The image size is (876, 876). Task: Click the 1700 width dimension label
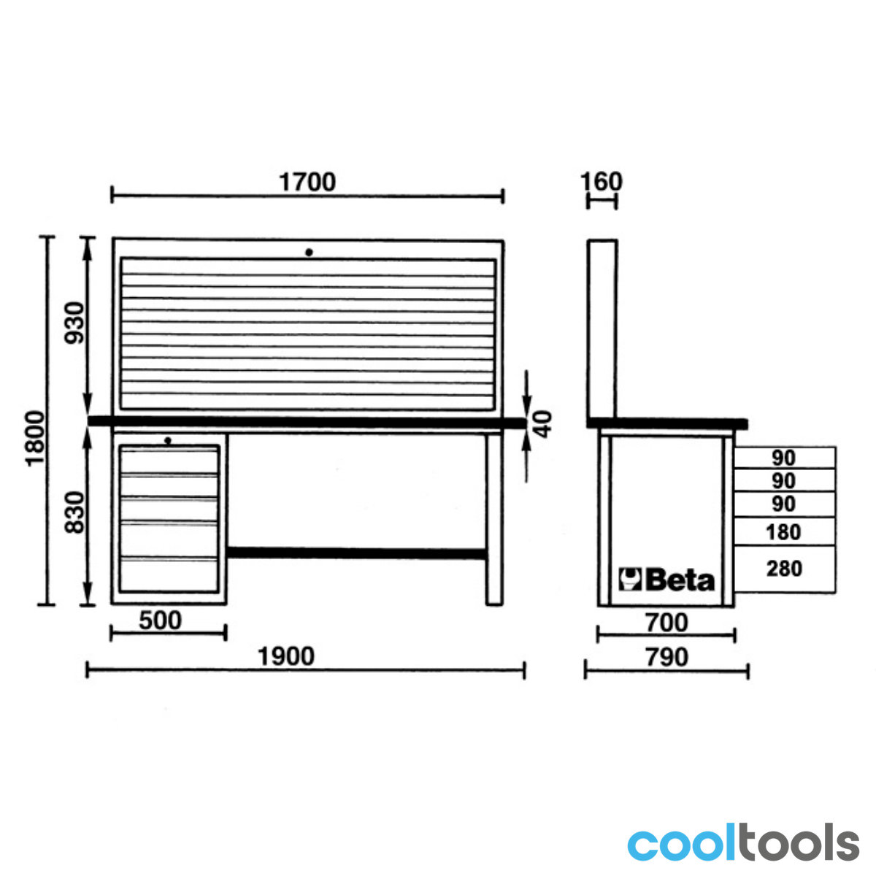(307, 182)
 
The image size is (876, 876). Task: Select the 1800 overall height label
(35, 438)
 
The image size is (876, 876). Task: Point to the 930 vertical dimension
(74, 323)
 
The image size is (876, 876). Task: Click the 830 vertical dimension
(74, 512)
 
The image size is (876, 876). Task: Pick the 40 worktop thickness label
(542, 424)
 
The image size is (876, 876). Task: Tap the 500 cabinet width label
(160, 620)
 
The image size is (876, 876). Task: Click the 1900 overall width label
(286, 656)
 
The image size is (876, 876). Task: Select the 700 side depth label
(666, 623)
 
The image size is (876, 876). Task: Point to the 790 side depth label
(667, 657)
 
